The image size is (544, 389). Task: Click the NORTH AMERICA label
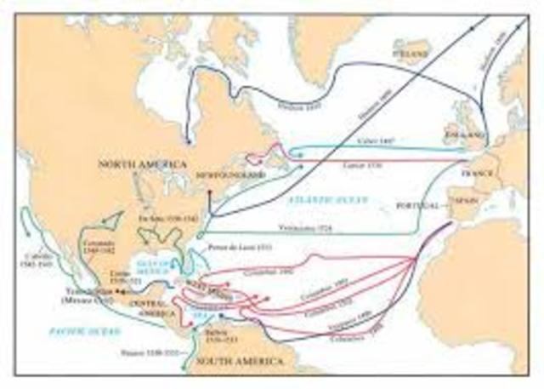click(x=139, y=163)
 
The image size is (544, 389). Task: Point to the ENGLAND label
click(x=463, y=134)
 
